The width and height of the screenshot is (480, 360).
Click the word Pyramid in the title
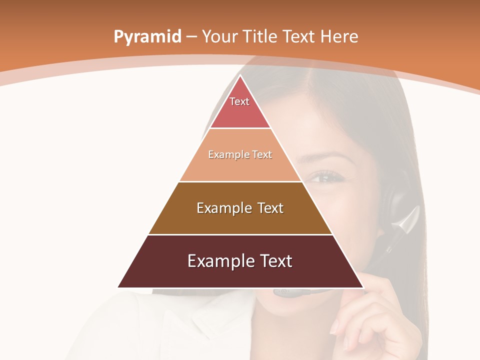tap(147, 37)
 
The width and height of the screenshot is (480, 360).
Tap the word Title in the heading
tap(261, 36)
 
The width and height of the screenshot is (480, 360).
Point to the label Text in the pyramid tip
tap(239, 101)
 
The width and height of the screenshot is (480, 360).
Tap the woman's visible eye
tap(325, 177)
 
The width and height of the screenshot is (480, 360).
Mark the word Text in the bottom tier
tap(274, 261)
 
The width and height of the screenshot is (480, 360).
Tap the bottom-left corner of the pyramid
tap(119, 287)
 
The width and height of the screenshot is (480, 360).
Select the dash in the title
tap(192, 37)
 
